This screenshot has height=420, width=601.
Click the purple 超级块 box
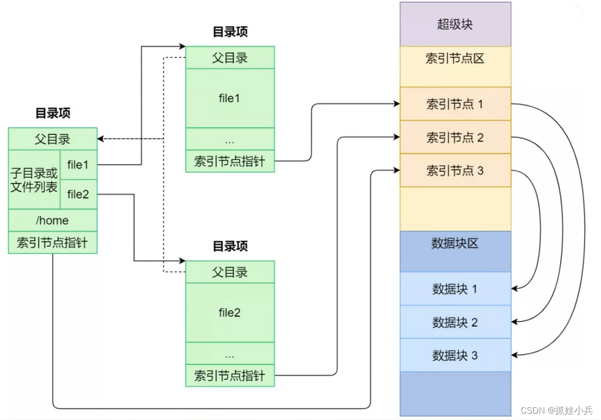[455, 24]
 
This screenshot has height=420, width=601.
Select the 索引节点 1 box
[455, 104]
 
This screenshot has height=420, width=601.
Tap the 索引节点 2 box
[455, 137]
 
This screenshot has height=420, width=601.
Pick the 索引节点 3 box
[455, 170]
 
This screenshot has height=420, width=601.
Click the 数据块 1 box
[455, 289]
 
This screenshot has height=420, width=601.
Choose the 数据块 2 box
[455, 322]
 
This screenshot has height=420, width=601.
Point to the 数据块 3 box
[455, 355]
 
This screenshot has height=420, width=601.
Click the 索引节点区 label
[455, 59]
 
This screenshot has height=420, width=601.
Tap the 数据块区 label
[455, 243]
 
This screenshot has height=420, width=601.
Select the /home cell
[52, 220]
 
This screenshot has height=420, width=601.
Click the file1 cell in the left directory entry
[78, 165]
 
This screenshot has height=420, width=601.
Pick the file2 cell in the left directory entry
[78, 195]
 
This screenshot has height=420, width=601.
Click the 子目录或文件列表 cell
[34, 180]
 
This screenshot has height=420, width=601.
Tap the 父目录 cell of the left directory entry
[52, 139]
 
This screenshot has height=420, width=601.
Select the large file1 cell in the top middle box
[230, 98]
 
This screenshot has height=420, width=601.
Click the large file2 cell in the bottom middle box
[230, 312]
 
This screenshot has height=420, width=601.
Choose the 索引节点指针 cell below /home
[52, 243]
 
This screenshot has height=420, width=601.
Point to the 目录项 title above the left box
[53, 113]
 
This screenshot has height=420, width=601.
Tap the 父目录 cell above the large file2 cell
[230, 272]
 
